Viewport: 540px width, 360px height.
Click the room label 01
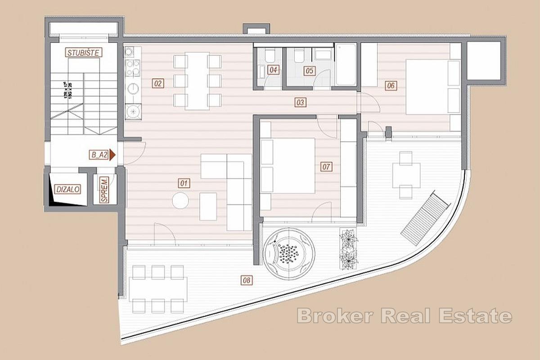[184, 183]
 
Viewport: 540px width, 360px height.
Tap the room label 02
[157, 83]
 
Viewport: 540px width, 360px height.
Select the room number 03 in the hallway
[301, 103]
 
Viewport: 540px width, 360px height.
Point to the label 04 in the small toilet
[273, 70]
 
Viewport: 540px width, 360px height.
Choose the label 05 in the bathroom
[309, 70]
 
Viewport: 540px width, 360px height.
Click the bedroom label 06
[391, 85]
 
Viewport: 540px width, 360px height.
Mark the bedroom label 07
[326, 167]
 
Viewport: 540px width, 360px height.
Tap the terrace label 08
[246, 280]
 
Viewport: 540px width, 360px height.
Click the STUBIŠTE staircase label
[84, 53]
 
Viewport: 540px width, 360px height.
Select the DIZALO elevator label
[68, 189]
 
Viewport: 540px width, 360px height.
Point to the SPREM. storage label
[104, 189]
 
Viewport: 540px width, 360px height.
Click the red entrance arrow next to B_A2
[112, 155]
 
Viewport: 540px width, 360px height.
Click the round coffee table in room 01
[180, 200]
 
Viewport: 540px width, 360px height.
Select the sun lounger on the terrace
[425, 218]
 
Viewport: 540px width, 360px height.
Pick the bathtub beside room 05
[346, 64]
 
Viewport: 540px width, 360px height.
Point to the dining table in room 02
[197, 81]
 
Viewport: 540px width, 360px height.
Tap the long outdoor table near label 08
[158, 289]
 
